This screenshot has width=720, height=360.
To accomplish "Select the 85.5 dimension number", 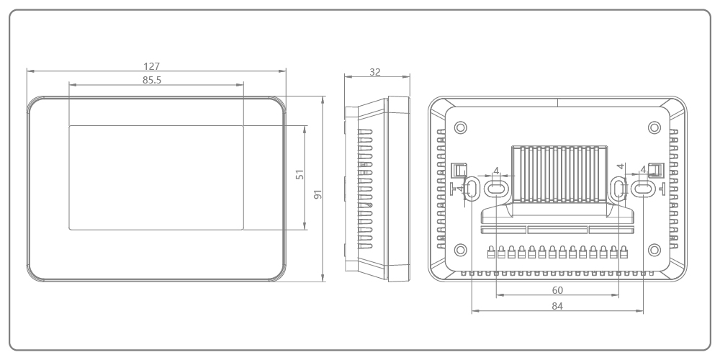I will [152, 80].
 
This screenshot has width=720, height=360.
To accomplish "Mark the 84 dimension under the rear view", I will [557, 306].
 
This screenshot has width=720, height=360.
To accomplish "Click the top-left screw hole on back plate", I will [461, 127].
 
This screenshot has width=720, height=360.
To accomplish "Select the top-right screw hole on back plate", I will [654, 127].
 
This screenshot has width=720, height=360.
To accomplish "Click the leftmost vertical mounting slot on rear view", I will [472, 189].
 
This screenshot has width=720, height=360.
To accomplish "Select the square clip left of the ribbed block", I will [456, 170].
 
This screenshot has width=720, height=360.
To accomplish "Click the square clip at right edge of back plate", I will [654, 169].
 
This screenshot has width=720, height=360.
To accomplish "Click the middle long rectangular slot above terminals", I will [557, 230].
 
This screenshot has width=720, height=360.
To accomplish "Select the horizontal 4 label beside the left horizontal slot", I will [495, 171].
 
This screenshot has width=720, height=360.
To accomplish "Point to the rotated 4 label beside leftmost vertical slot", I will [461, 189].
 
